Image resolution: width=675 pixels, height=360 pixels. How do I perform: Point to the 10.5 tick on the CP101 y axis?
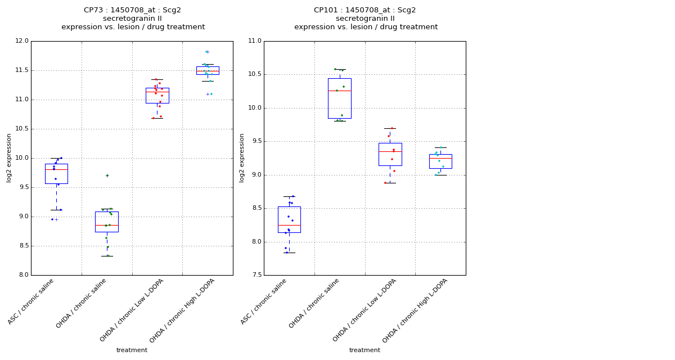(254, 74)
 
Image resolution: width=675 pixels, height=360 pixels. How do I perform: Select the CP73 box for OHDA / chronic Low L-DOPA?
(157, 95)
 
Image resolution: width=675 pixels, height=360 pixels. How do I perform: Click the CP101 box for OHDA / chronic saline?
(339, 98)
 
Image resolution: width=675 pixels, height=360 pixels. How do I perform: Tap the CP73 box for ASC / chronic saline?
(56, 174)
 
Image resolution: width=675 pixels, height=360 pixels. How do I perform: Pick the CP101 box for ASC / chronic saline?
(289, 219)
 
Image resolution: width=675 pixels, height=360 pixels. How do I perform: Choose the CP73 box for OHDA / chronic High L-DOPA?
(208, 70)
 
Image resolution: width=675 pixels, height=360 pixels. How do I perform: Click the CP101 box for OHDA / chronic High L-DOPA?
(440, 161)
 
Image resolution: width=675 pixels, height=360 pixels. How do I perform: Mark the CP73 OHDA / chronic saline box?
(107, 222)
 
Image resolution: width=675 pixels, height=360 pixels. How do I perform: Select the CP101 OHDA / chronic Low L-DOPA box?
(390, 154)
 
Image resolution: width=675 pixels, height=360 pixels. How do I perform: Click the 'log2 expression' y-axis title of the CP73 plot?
(9, 158)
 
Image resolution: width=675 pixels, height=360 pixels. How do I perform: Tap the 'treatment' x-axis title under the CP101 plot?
(364, 350)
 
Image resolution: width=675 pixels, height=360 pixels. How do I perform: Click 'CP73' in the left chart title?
(93, 10)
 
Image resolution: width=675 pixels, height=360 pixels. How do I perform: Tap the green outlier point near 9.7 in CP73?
(107, 175)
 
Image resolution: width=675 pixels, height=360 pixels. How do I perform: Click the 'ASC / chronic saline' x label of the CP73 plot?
(31, 301)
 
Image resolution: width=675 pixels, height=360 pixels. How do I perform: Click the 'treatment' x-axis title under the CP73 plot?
(132, 350)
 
